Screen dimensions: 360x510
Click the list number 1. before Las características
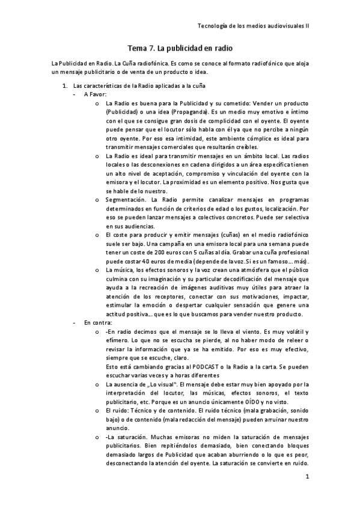pyautogui.click(x=67, y=86)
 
